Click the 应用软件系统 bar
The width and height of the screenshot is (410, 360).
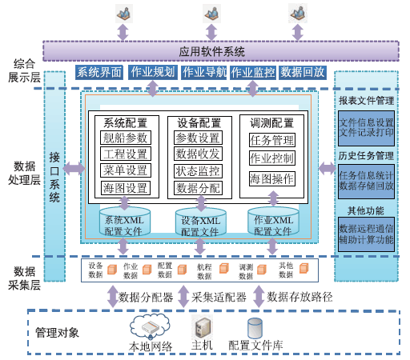pos(212,51)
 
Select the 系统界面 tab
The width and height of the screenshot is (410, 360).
pos(98,72)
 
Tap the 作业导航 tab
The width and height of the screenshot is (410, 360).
pos(204,72)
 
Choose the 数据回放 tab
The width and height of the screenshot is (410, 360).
pos(303,72)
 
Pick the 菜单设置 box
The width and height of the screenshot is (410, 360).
pos(125,170)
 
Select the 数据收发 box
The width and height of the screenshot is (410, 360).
pos(198,154)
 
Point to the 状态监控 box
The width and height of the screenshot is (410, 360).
pos(198,171)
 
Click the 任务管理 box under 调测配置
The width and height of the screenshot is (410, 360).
pos(271,139)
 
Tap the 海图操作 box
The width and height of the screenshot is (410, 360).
pos(271,178)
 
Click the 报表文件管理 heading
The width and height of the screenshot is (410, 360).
pos(366,102)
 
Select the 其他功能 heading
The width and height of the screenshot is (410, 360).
pos(365,211)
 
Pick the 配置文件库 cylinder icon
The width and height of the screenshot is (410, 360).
pos(255,327)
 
